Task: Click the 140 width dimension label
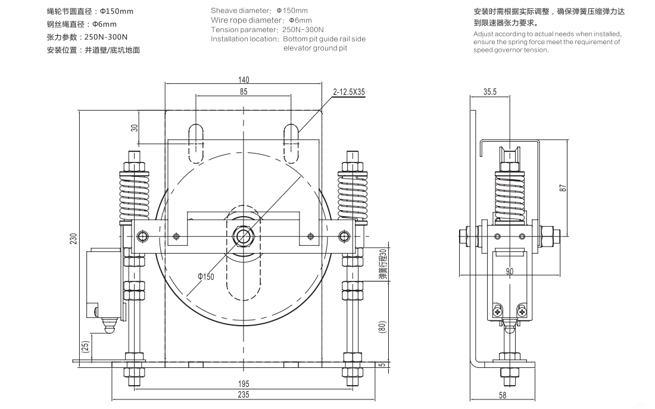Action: [x=244, y=80]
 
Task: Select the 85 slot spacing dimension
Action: [x=244, y=92]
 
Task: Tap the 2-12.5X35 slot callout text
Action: [x=350, y=92]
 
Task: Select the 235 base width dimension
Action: [x=244, y=394]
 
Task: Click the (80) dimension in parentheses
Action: [x=382, y=326]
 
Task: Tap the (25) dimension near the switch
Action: [x=86, y=347]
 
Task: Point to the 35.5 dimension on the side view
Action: [x=490, y=92]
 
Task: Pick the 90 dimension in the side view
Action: [x=510, y=271]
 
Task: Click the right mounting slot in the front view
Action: [x=291, y=143]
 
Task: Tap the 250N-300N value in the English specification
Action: [x=302, y=29]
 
